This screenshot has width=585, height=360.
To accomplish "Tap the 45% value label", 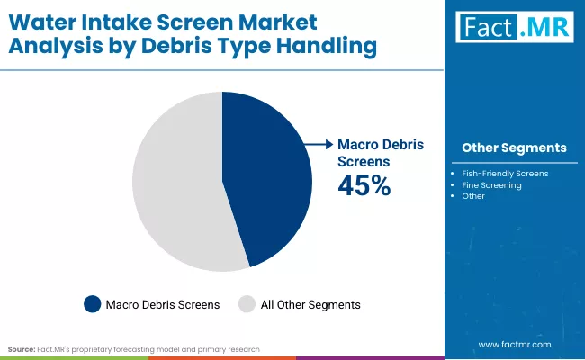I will [x=364, y=185].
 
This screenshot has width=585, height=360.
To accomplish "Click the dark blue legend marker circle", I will [x=92, y=304].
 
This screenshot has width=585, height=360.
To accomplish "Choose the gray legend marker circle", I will [x=247, y=304].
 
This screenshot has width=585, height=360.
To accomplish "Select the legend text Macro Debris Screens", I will [x=163, y=305].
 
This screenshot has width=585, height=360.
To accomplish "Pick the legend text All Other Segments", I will [x=310, y=305].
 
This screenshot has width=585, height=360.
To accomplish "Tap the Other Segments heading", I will [x=514, y=148].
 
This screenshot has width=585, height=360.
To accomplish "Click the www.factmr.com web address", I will [x=513, y=345].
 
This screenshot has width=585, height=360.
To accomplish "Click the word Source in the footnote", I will [x=21, y=348].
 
